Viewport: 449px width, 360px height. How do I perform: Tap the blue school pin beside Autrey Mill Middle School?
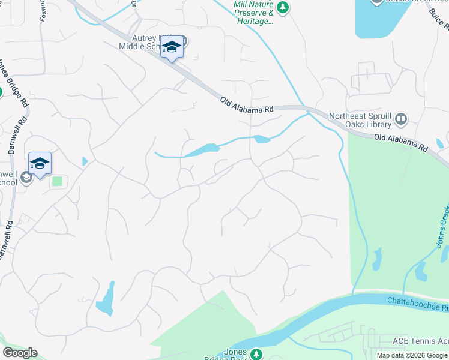pyautogui.click(x=172, y=47)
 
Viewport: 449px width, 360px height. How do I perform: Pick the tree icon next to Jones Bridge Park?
pyautogui.click(x=256, y=355)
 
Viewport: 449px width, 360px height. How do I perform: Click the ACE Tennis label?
pyautogui.click(x=420, y=341)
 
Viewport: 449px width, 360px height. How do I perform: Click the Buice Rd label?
pyautogui.click(x=439, y=19)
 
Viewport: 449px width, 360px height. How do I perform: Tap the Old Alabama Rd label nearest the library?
pyautogui.click(x=400, y=142)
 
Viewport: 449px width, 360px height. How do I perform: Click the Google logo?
pyautogui.click(x=20, y=353)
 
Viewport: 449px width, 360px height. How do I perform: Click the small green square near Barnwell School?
pyautogui.click(x=58, y=181)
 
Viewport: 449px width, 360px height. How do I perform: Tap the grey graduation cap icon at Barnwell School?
pyautogui.click(x=26, y=178)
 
